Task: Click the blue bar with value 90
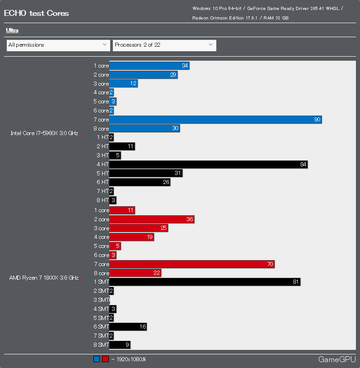click(215, 120)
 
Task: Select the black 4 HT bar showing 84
click(208, 165)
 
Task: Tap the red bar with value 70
click(192, 264)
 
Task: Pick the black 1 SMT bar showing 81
click(204, 282)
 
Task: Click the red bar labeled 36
click(151, 219)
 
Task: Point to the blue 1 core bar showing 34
click(149, 66)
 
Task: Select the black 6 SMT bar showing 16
click(128, 327)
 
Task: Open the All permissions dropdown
click(58, 45)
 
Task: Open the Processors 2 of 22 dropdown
click(164, 45)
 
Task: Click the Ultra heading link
click(12, 30)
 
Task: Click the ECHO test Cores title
click(36, 13)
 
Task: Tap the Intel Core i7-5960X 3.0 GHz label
click(44, 133)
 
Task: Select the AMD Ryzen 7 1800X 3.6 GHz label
click(44, 277)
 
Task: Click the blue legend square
click(97, 359)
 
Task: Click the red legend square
click(105, 359)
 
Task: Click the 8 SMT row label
click(101, 345)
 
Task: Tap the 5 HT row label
click(102, 174)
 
